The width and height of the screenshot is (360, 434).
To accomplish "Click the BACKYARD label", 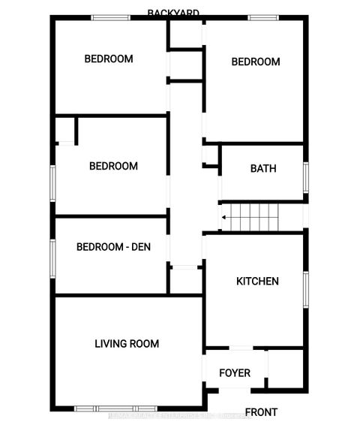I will pos(173,13).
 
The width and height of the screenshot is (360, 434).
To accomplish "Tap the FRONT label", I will pos(260,412).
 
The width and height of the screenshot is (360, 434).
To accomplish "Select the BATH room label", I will pos(262,168).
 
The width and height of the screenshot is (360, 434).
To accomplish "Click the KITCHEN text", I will pos(257,282).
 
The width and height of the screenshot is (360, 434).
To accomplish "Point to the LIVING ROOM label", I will pos(127,344).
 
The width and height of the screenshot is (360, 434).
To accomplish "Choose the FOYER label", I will pos(234,373).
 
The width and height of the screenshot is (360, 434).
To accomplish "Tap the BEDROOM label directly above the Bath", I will pos(255,62).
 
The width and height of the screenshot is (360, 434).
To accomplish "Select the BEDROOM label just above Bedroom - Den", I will pos(113,166).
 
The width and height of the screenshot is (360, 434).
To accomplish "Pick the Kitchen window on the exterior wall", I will pos(306,289).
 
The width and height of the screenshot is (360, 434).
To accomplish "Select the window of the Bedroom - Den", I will pos(52,256).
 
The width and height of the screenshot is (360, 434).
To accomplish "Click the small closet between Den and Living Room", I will pos(184,280).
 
